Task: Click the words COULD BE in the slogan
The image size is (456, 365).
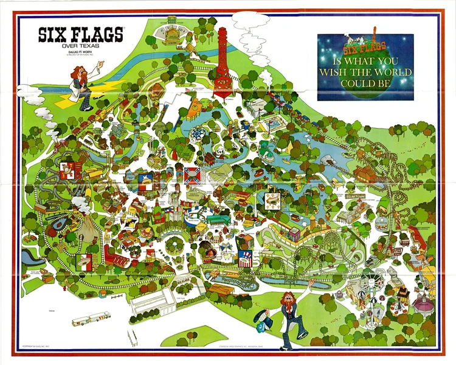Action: click(365, 83)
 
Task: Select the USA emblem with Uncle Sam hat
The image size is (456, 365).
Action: click(246, 258)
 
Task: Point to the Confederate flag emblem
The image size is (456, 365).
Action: click(193, 175)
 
